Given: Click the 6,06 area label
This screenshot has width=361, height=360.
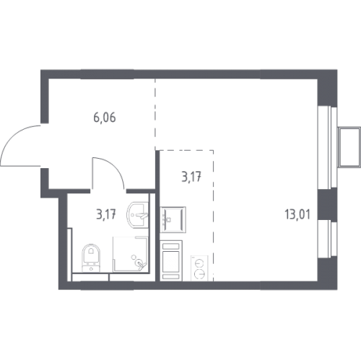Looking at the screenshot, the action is pos(105,118).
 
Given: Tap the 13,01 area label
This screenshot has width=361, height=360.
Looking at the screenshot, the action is pos(297,214).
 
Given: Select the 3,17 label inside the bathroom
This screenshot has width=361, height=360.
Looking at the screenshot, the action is pos(106,214).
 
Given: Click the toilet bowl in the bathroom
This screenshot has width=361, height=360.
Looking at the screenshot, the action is pos(91,253).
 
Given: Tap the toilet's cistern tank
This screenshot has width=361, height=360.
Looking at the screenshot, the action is pos(91,268).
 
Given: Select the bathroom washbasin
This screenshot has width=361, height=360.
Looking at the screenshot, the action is pos(137,214).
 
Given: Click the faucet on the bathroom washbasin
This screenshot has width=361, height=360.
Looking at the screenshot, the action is pos(142,216).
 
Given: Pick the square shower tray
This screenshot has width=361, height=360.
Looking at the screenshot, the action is pos(130,254).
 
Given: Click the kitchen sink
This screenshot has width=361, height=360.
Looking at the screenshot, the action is pos(173,219).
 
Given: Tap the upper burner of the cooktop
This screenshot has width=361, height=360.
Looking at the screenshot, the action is pos(199,263).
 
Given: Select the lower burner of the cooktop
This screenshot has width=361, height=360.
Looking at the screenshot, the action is pos(200,274).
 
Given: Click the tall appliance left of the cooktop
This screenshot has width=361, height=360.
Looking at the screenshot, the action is pos(171,260).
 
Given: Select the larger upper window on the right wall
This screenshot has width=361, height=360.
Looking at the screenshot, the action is pos(327,147).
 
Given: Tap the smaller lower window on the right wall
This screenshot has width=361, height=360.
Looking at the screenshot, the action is pos(327,239).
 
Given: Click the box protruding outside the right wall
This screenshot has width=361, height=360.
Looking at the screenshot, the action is pos(349,147).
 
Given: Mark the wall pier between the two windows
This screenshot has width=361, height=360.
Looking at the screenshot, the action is pos(327,204).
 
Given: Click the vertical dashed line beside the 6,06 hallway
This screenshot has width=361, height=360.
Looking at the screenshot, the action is pos(155,113).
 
